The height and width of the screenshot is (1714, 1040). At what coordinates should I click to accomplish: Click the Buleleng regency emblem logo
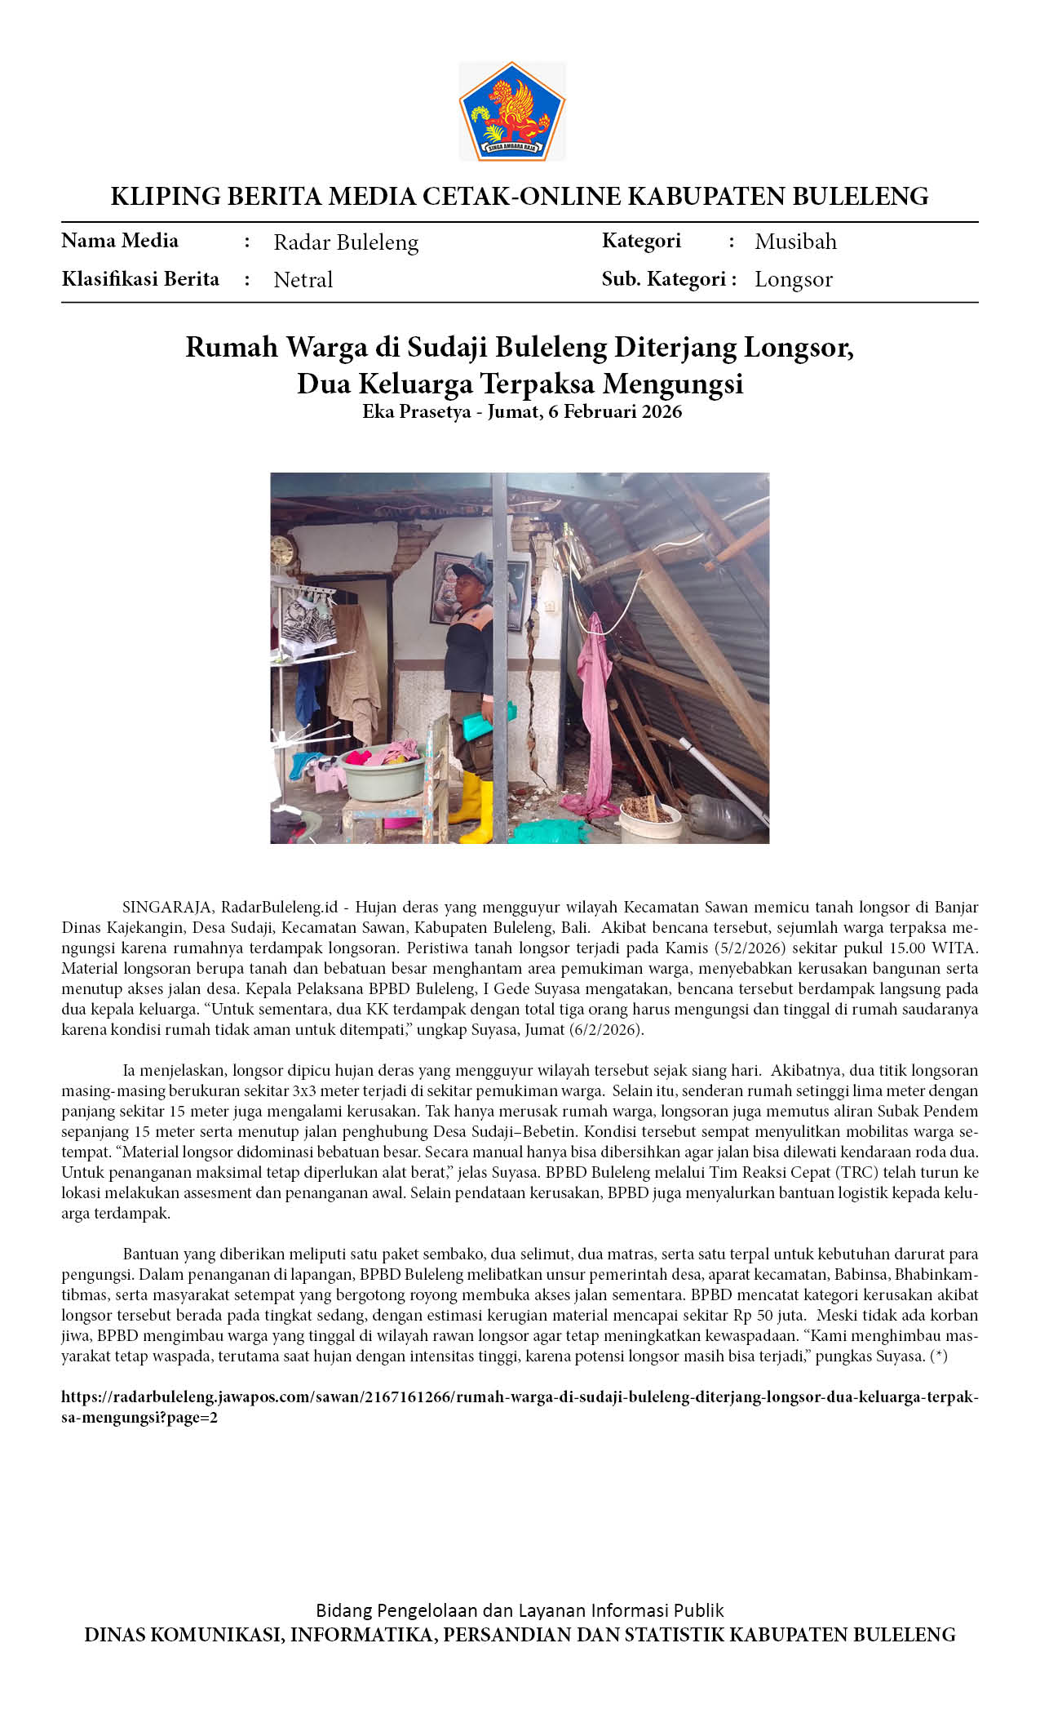512,111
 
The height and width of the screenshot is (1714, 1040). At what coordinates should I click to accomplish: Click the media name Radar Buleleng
346,242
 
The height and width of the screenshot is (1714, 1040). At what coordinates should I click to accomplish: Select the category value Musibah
795,242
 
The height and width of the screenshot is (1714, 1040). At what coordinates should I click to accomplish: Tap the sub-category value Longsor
793,279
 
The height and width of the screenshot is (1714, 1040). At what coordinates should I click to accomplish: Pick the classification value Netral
303,280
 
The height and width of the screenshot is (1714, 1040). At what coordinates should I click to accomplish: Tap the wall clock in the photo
282,552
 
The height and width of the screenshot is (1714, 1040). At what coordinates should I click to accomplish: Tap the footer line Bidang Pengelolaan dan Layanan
520,1610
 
